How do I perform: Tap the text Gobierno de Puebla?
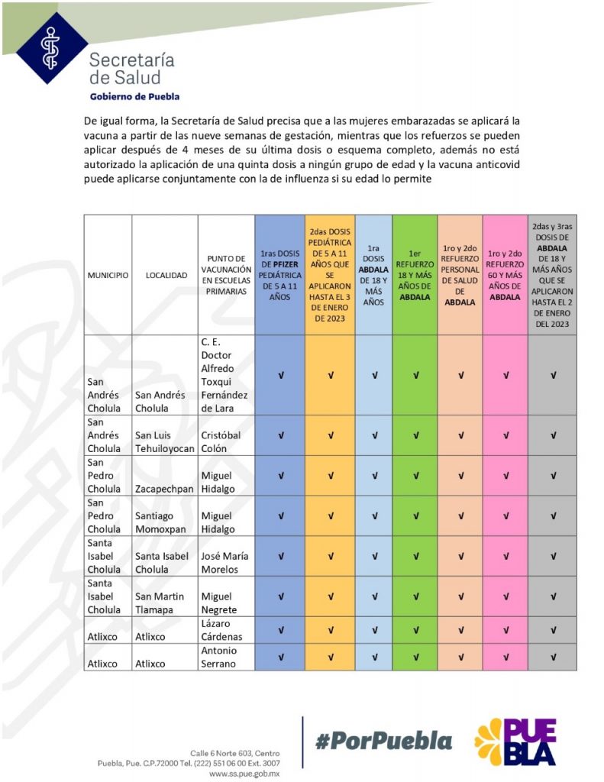click(x=134, y=96)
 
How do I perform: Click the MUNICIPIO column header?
click(x=107, y=275)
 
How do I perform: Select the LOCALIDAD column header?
click(x=166, y=275)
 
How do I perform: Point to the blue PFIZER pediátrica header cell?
click(x=281, y=275)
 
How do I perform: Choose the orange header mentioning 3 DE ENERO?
click(x=330, y=275)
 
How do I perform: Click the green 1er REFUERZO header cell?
click(x=415, y=275)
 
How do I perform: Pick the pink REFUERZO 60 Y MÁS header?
click(x=505, y=275)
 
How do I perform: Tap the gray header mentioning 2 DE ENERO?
click(x=553, y=275)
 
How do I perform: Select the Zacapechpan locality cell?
click(x=165, y=489)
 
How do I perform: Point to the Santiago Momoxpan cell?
click(x=165, y=522)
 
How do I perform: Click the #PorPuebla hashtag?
click(x=383, y=740)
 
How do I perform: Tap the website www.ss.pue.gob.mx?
click(x=244, y=774)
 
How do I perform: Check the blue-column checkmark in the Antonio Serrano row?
click(x=281, y=657)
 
